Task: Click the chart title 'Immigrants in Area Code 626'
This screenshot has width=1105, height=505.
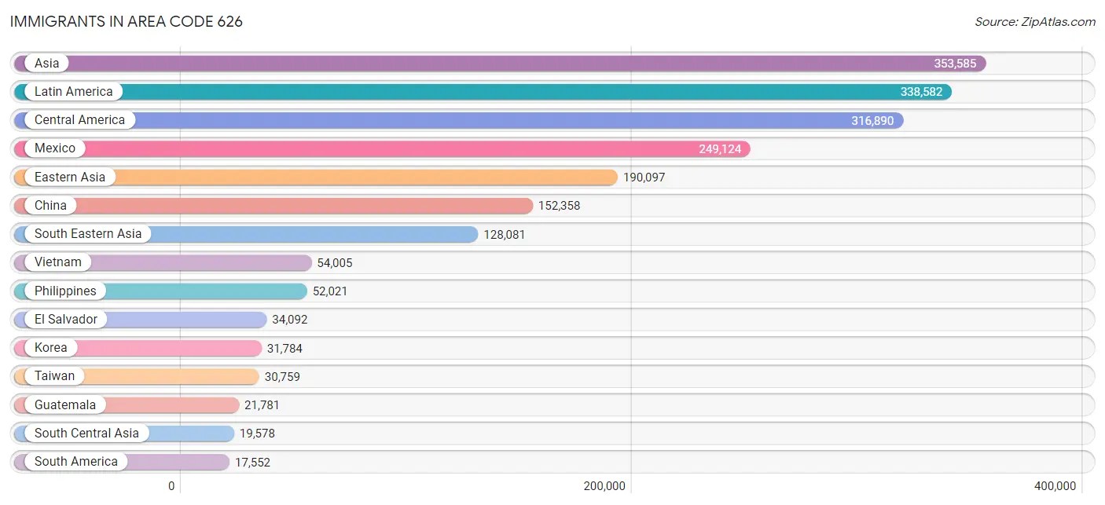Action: (x=127, y=22)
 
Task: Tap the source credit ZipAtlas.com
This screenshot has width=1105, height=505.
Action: (x=1035, y=22)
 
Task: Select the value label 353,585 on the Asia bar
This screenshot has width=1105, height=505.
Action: (x=955, y=64)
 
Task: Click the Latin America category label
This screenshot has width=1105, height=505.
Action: (x=73, y=92)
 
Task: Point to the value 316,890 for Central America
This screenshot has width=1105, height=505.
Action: (x=872, y=121)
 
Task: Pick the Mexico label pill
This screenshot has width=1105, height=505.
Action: (x=55, y=148)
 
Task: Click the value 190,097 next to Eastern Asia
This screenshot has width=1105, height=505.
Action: (x=644, y=177)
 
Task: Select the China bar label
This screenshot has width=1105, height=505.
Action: (x=50, y=206)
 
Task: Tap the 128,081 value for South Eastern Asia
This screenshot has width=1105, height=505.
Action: (x=505, y=234)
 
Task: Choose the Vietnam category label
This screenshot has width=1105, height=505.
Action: (x=57, y=262)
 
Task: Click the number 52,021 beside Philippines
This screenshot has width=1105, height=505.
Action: (x=330, y=291)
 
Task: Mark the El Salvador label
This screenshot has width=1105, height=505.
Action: (x=66, y=320)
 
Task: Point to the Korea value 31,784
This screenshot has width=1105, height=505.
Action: (x=285, y=348)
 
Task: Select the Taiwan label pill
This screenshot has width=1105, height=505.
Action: (x=54, y=376)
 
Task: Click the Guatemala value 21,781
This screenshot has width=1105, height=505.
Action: (x=262, y=405)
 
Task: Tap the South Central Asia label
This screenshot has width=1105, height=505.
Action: (x=86, y=434)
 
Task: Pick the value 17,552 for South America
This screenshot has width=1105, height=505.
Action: (x=252, y=463)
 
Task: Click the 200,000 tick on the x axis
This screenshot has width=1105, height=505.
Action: (x=604, y=486)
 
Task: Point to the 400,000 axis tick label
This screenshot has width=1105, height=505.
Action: (x=1055, y=486)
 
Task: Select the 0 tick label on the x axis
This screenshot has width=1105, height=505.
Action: (x=171, y=486)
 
